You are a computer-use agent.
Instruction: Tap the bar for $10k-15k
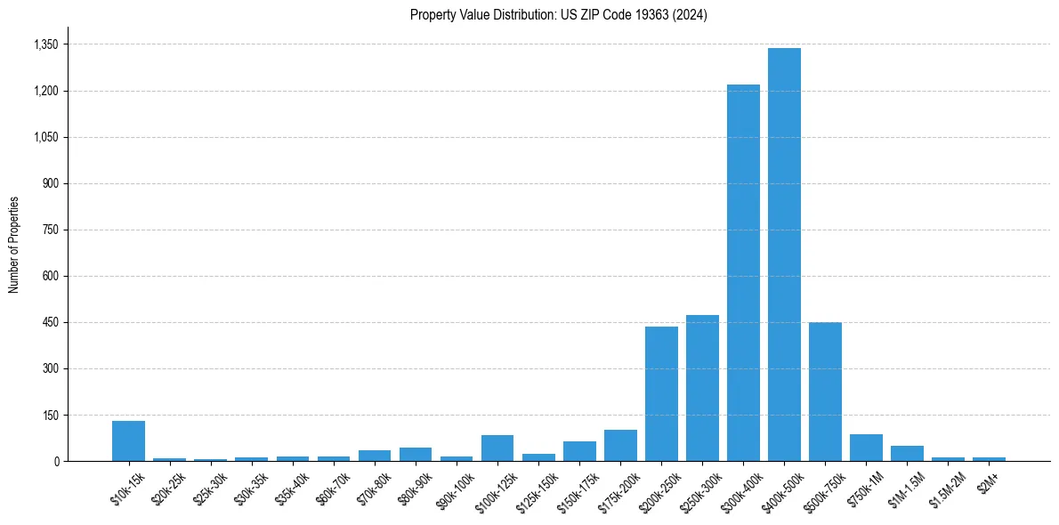click(128, 441)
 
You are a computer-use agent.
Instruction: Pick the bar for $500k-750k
click(825, 392)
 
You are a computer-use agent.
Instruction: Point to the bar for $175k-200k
click(620, 446)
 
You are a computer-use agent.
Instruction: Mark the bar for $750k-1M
click(866, 448)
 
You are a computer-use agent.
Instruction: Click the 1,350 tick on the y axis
click(45, 44)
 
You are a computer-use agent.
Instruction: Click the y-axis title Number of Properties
click(13, 245)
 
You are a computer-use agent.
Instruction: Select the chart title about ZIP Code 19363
click(559, 15)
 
